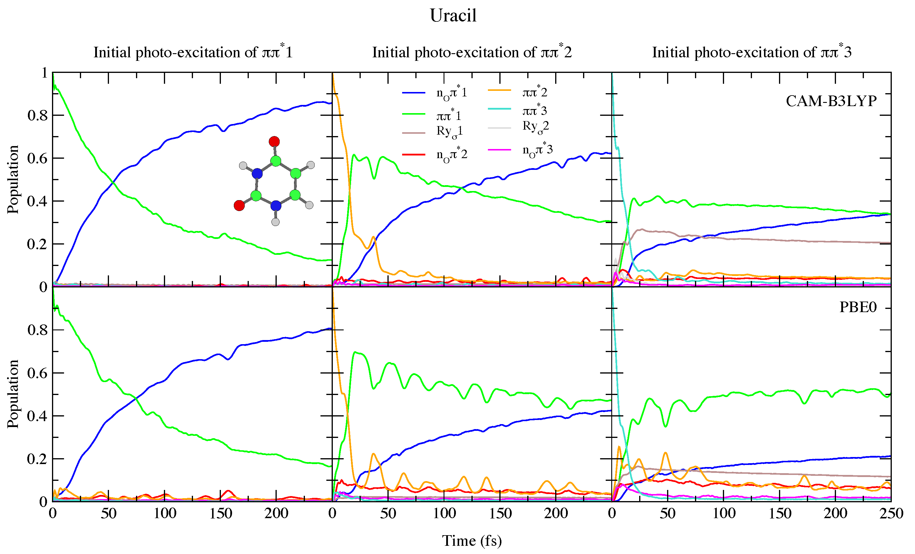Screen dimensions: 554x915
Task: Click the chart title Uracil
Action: [453, 16]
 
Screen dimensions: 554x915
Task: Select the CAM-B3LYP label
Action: [831, 101]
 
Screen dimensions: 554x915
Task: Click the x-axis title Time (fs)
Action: [472, 540]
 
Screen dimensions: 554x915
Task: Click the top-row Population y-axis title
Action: [13, 180]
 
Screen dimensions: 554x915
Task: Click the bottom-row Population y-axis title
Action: [13, 394]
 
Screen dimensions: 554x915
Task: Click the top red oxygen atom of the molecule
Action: [274, 142]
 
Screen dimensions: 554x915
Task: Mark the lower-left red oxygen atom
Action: [239, 205]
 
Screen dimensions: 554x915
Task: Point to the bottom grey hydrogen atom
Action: [276, 222]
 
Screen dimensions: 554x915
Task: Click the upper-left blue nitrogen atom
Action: [257, 173]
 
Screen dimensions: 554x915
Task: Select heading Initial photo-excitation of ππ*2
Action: [472, 52]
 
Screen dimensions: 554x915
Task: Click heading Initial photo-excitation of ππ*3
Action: [752, 52]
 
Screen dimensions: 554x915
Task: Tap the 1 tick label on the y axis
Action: [45, 73]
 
